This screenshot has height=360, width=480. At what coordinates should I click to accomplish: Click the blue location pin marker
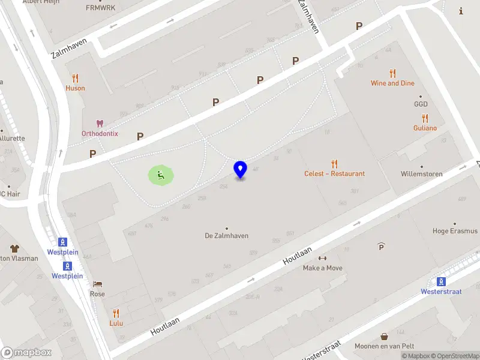240,169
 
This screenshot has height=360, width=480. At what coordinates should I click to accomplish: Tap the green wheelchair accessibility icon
161,175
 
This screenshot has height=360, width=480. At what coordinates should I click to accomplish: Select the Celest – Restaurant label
334,173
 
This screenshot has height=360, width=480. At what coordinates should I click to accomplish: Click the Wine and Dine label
392,83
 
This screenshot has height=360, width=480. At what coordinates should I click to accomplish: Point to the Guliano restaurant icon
425,118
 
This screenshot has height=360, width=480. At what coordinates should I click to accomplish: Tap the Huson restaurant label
75,88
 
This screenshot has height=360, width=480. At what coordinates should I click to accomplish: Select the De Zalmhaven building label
226,236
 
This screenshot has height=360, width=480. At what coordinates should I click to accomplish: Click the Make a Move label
323,268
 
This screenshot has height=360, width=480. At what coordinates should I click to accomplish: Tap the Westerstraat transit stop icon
442,281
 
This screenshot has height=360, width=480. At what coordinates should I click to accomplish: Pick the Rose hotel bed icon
97,284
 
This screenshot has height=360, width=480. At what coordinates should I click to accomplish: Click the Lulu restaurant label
116,323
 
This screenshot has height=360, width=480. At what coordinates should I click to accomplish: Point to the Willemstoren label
421,174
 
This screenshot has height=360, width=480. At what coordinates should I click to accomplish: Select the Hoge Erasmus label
455,231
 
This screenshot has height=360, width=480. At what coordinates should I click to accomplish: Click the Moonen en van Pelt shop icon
384,337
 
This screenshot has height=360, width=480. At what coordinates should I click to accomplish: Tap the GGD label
420,104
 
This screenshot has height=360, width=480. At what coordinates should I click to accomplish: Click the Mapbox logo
26,352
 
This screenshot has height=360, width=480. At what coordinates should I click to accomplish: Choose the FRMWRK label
100,8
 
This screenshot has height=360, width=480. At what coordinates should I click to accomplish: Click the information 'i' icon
461,10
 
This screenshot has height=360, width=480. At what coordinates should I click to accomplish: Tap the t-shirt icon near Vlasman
15,248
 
